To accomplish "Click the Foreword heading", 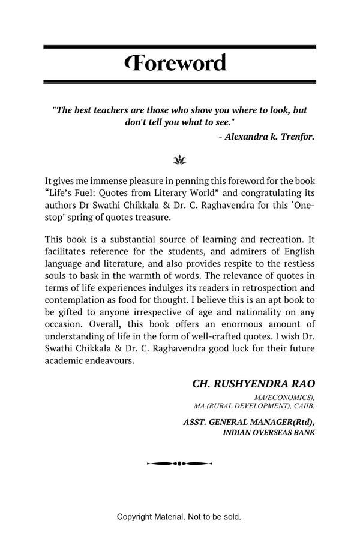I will (x=176, y=63).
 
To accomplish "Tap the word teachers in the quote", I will (x=117, y=110).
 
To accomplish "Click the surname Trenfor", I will (x=298, y=137).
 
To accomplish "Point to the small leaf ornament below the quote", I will (x=179, y=160).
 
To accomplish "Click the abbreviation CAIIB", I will (x=302, y=406).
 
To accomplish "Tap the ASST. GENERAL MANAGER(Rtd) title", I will (x=248, y=422).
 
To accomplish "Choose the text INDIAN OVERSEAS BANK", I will (x=268, y=432).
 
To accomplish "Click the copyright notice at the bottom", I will (x=179, y=517).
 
